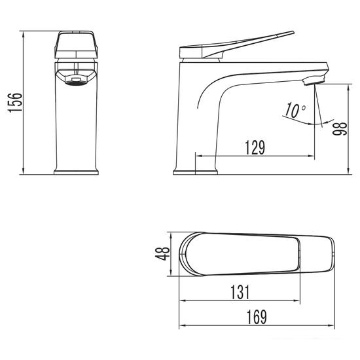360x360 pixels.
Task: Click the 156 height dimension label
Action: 14,102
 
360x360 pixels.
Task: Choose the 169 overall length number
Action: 256,317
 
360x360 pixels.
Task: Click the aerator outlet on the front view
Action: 76,79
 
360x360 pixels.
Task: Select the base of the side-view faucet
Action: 195,171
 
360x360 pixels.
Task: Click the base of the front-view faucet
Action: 76,172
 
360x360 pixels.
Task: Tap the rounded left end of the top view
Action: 183,253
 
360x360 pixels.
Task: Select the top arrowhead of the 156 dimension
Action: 24,33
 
